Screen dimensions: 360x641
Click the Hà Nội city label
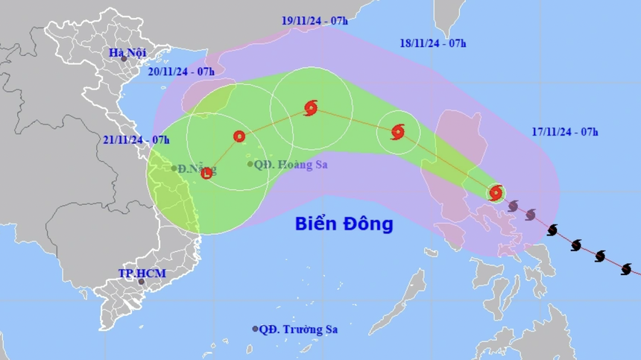click(x=127, y=52)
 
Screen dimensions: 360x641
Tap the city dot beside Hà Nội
click(x=135, y=59)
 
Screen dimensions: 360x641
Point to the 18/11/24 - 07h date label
click(x=433, y=42)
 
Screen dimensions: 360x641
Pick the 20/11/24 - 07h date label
click(x=181, y=72)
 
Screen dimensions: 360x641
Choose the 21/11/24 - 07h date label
click(x=136, y=139)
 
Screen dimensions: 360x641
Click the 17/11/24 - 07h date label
click(x=566, y=132)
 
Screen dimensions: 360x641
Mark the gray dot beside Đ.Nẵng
click(x=174, y=168)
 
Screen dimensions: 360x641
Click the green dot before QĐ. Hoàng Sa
click(x=250, y=164)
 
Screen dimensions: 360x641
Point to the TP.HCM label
click(x=142, y=274)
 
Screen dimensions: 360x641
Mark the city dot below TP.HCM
click(x=139, y=283)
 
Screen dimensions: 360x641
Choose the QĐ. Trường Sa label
click(x=303, y=329)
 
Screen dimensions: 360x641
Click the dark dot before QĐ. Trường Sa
click(x=255, y=329)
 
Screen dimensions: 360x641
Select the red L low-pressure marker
click(x=206, y=174)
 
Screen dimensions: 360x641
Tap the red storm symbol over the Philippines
click(x=496, y=193)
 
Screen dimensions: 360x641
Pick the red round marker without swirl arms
click(x=239, y=136)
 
